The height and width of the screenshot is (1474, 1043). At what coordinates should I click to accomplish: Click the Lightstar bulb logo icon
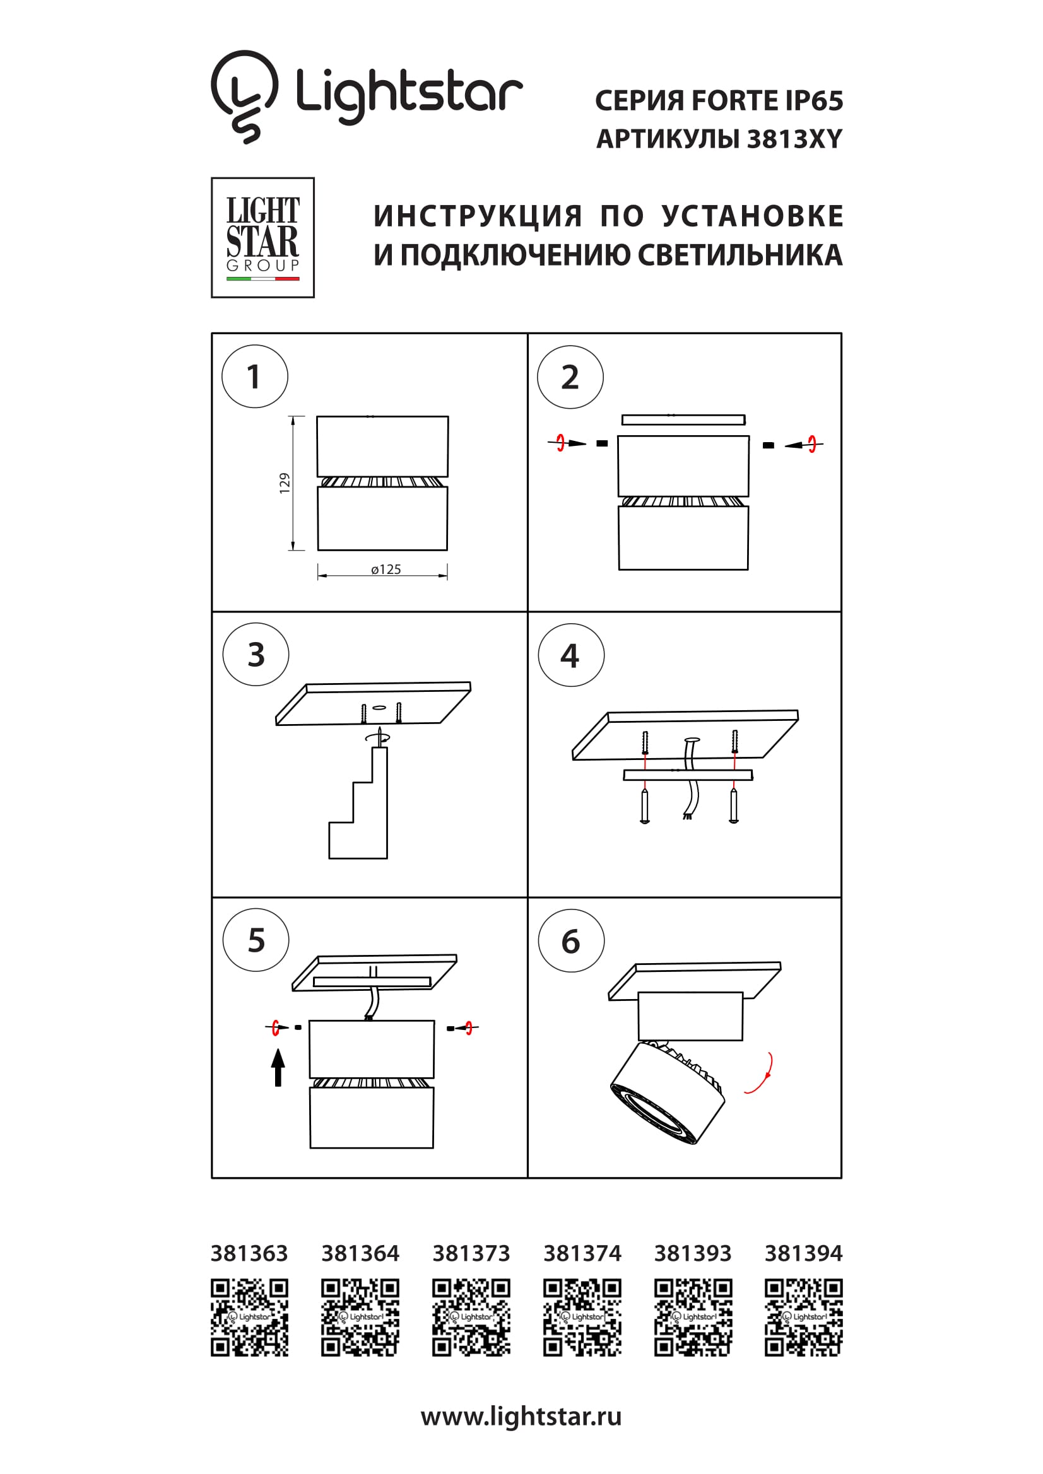(244, 97)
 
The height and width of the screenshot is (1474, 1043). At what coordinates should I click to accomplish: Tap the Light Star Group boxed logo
(262, 238)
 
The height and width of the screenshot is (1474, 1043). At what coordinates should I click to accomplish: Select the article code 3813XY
(794, 139)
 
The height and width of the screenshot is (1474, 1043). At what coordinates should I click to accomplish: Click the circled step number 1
(254, 376)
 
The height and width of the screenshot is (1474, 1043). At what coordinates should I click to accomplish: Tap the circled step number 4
(570, 655)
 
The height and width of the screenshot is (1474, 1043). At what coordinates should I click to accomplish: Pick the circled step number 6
(570, 941)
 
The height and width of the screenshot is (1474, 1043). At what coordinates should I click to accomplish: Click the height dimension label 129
(285, 483)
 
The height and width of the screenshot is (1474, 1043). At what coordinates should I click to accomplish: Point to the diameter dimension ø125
(386, 570)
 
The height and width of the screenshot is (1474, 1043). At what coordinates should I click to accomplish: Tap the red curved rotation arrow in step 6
(760, 1073)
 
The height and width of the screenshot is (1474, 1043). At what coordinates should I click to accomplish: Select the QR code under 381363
(249, 1318)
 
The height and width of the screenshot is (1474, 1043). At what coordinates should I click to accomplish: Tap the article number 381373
(471, 1253)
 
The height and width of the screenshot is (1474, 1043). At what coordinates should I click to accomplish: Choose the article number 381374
(582, 1253)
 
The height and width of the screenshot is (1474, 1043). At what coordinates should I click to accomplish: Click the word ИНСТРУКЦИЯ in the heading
(478, 216)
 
